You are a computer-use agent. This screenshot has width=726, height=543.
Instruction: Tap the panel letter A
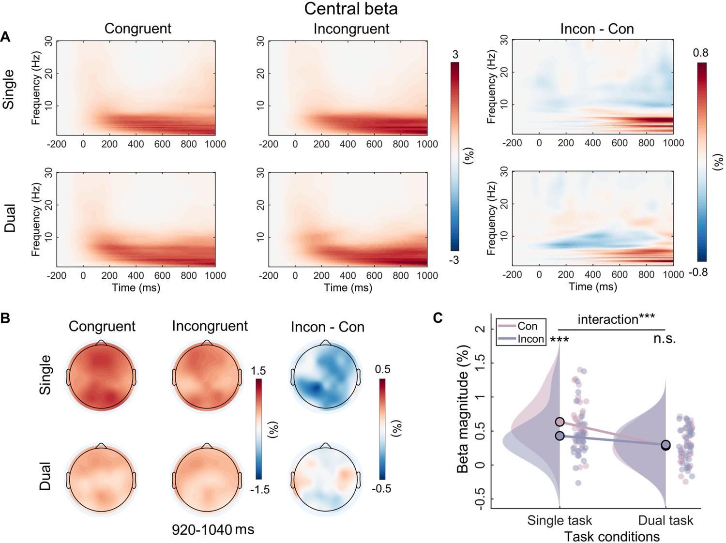pyautogui.click(x=5, y=37)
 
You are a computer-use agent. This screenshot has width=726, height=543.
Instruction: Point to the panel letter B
pyautogui.click(x=5, y=318)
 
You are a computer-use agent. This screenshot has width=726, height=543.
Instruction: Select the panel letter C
pyautogui.click(x=438, y=318)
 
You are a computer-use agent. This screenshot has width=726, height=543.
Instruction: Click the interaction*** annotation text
pyautogui.click(x=616, y=319)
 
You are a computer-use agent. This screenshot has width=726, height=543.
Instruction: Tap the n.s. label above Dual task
pyautogui.click(x=665, y=339)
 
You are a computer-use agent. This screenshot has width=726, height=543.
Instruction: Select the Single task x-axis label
pyautogui.click(x=560, y=520)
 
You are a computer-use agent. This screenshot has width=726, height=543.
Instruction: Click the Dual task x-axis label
pyautogui.click(x=665, y=520)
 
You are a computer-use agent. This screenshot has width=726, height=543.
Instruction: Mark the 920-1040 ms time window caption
pyautogui.click(x=213, y=529)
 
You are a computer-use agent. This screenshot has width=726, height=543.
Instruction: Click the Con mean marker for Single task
pyautogui.click(x=560, y=422)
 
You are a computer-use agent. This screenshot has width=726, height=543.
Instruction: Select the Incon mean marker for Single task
pyautogui.click(x=560, y=436)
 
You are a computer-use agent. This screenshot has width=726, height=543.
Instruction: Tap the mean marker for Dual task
pyautogui.click(x=666, y=445)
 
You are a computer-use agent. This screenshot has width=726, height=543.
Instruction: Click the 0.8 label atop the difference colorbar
pyautogui.click(x=700, y=53)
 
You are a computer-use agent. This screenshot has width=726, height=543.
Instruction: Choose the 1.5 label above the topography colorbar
pyautogui.click(x=258, y=371)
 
